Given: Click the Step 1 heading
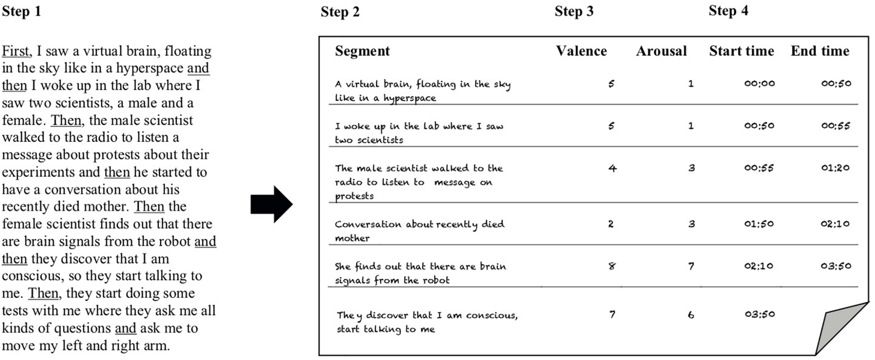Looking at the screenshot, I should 21,11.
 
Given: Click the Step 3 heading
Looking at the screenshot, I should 574,11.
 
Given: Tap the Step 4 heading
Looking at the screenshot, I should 728,11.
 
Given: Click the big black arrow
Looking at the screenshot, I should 272,205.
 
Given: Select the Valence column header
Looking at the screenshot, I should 581,51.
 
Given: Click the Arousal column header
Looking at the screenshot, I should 661,51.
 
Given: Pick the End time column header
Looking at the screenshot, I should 820,51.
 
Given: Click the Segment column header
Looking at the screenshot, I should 362,51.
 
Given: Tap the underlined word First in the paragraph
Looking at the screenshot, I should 15,51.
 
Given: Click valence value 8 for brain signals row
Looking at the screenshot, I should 611,266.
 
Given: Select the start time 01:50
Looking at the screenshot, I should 759,224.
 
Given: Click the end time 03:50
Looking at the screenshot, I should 836,266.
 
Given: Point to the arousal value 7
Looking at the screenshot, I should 691,266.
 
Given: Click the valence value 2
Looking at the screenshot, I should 611,224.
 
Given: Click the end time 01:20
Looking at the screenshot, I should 835,168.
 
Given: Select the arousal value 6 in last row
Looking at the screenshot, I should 691,315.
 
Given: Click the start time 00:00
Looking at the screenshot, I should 759,83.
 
